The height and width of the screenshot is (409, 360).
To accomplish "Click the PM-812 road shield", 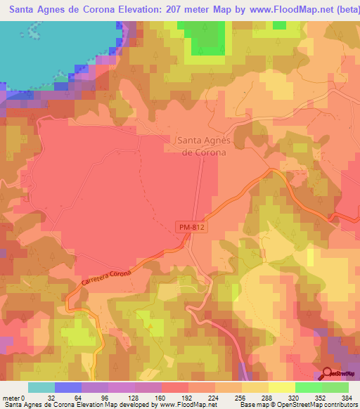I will click(191, 226).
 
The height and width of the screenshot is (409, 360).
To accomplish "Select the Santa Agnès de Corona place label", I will click(200, 145).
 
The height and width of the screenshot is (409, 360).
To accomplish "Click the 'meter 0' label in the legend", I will click(14, 397).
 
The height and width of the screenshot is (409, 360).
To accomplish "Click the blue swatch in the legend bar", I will click(68, 387).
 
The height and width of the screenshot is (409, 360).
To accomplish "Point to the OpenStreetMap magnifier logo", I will click(328, 373).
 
